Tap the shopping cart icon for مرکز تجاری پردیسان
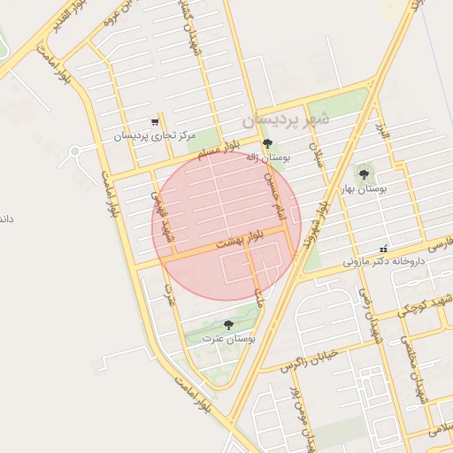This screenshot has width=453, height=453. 156,122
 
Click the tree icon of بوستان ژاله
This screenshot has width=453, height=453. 267,142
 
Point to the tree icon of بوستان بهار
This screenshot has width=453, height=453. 364,174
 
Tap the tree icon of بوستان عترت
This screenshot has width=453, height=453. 229,325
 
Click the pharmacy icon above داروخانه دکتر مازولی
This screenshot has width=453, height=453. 383,250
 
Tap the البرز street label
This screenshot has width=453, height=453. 381,137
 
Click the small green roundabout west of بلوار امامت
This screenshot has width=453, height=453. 74,151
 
